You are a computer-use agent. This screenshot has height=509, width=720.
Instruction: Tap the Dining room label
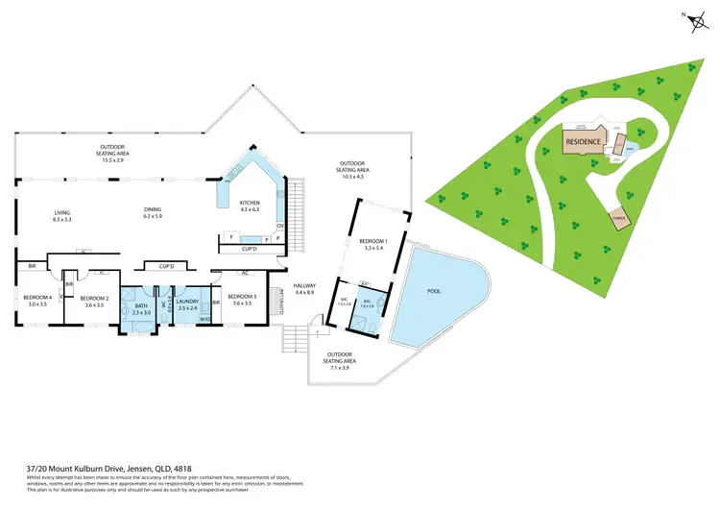tap(152, 211)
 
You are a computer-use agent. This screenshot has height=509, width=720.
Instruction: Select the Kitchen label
tap(251, 205)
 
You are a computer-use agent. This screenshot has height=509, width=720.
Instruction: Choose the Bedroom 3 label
tap(241, 298)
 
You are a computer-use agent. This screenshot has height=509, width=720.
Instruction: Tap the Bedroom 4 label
tap(36, 300)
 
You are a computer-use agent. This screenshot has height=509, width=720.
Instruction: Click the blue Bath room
tap(141, 309)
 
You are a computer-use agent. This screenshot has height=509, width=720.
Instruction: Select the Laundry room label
tap(188, 304)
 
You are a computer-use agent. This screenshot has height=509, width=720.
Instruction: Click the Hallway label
tap(305, 289)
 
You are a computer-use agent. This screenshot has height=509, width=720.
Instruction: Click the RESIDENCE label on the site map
tap(583, 142)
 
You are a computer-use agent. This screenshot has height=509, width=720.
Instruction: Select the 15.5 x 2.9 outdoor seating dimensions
tap(114, 159)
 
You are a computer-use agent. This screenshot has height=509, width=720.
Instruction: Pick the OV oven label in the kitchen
tap(279, 226)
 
